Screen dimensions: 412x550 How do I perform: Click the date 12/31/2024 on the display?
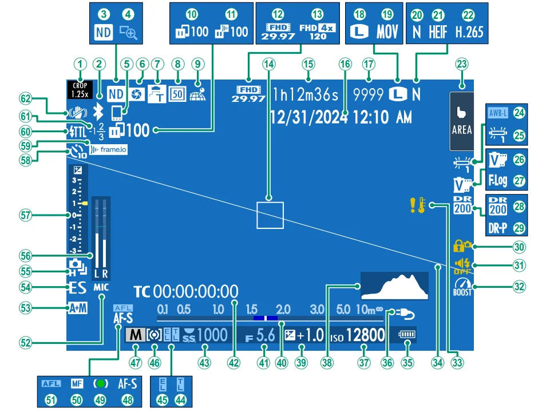[308, 117]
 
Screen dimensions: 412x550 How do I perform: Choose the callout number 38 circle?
[327, 362]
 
